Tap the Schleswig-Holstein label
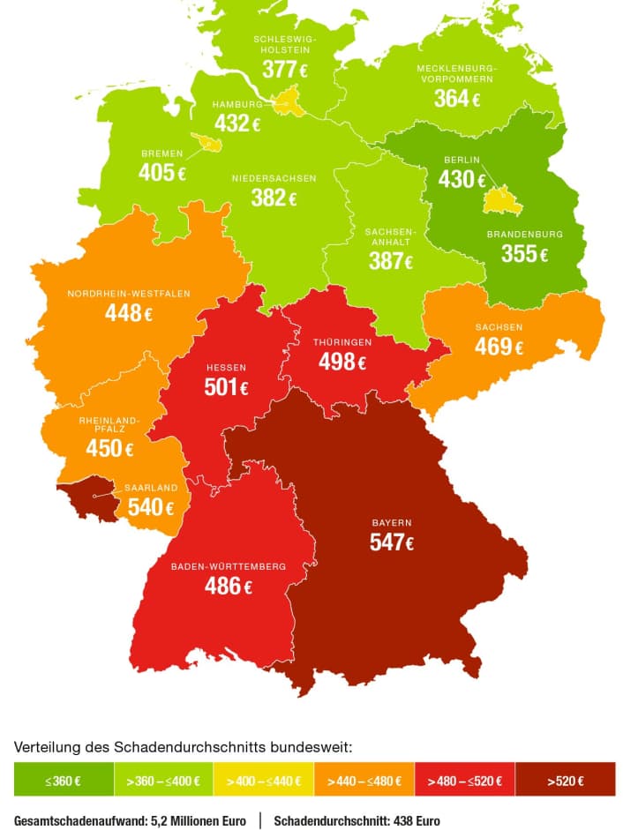(285, 45)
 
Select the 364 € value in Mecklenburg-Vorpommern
(456, 99)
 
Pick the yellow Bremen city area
(210, 142)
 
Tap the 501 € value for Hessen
(227, 386)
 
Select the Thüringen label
(342, 341)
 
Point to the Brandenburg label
(524, 235)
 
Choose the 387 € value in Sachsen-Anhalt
(391, 261)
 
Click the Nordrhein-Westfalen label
(129, 294)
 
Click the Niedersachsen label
(274, 178)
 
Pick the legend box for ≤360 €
(64, 780)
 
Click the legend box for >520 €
(565, 780)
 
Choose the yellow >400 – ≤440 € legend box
(264, 780)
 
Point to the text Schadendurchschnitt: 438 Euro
(357, 820)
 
